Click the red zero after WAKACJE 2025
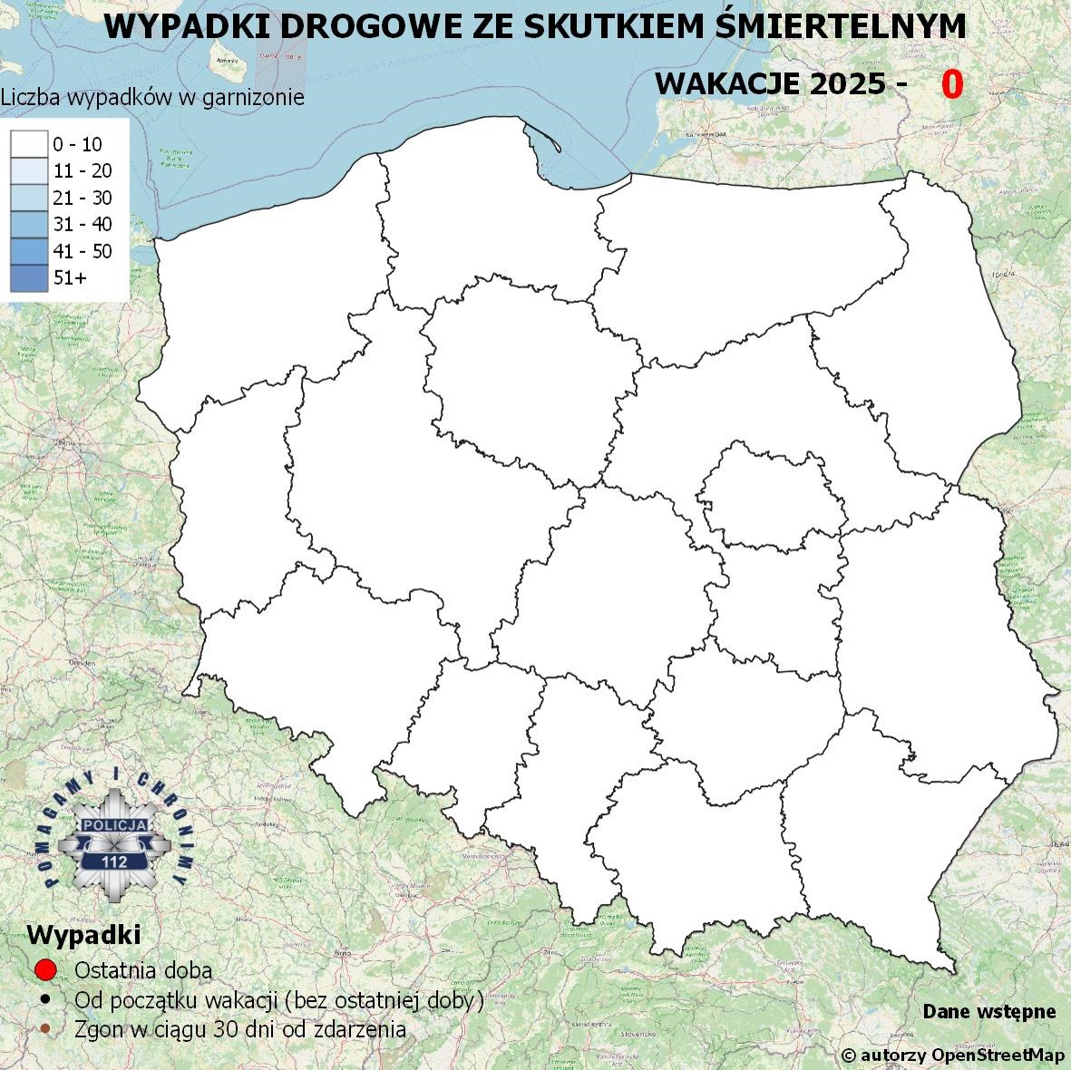click(951, 83)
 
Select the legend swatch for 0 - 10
click(28, 144)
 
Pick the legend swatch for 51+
click(28, 277)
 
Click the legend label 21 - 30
click(83, 198)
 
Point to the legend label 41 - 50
click(83, 251)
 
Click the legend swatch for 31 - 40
click(28, 224)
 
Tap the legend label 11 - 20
click(83, 170)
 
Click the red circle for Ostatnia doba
click(46, 969)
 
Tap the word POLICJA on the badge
click(115, 825)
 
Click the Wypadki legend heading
click(83, 934)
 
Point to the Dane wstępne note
click(988, 1011)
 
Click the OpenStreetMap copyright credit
click(952, 1055)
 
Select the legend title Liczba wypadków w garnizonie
click(152, 97)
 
